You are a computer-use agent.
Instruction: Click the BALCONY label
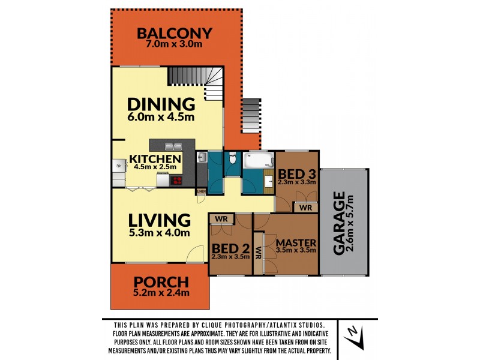(x=173, y=33)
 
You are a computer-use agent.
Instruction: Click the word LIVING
(x=158, y=220)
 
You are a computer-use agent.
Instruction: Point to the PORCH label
(x=161, y=281)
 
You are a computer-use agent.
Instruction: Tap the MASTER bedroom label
(x=295, y=242)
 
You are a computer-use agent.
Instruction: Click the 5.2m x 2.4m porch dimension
(x=161, y=293)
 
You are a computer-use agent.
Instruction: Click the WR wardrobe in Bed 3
(x=305, y=208)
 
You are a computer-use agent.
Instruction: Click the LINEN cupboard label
(x=201, y=192)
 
